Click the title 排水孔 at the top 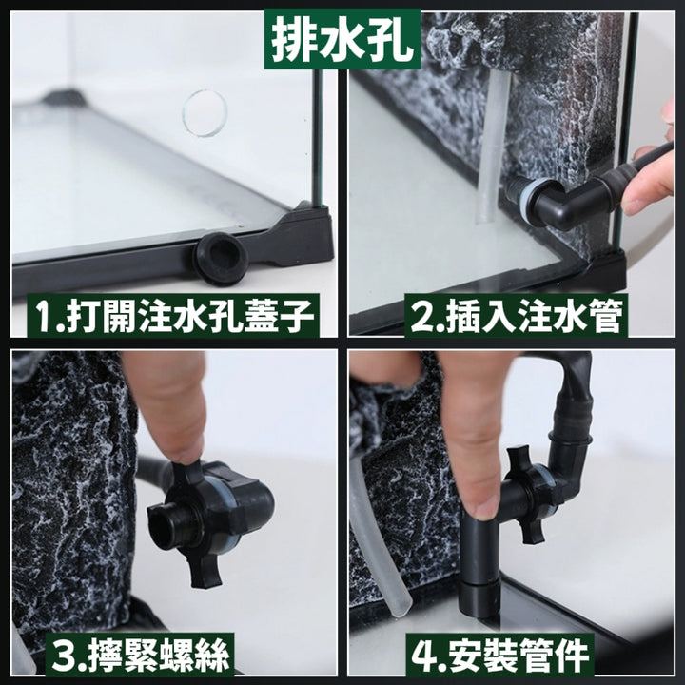coord(342,40)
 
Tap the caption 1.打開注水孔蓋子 coord(173,315)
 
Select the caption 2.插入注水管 coord(516,315)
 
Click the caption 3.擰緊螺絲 coord(140,655)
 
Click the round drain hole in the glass coord(205,113)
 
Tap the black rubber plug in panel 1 coord(222,259)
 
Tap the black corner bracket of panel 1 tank coord(302,236)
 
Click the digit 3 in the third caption coord(62,656)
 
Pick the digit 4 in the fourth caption coord(422,656)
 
